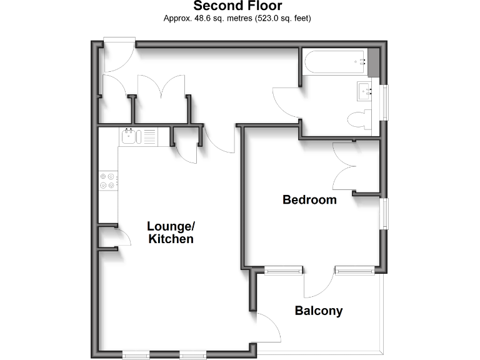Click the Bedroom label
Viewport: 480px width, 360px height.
tap(309, 200)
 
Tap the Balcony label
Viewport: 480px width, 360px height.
tap(319, 311)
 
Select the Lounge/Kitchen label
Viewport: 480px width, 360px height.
tap(171, 232)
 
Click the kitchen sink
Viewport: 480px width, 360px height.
tap(130, 135)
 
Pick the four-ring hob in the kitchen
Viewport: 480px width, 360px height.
tap(107, 180)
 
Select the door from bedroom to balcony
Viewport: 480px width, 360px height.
tap(319, 285)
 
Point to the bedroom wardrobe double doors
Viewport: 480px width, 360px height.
tap(347, 166)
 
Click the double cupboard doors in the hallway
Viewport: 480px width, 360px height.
tap(161, 87)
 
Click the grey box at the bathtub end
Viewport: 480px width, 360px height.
tap(374, 62)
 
